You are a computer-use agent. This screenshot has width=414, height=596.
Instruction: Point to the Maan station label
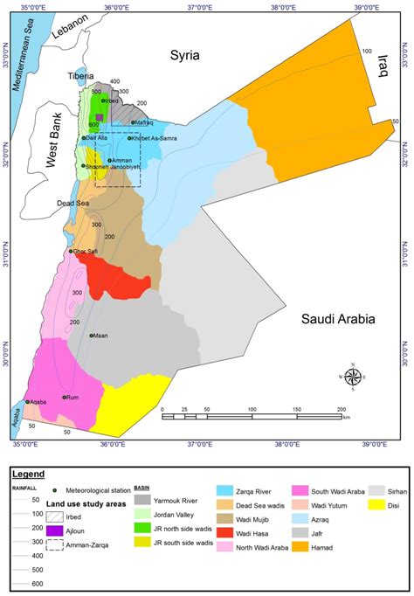tap(100, 335)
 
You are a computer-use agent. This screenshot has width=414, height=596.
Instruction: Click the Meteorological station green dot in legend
tap(55, 489)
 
